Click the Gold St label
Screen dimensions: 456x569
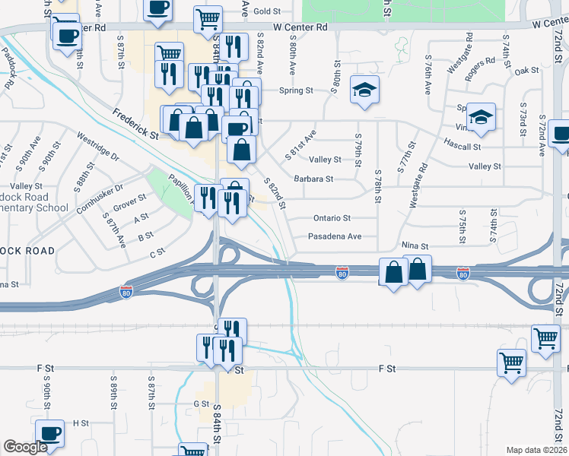click(267, 11)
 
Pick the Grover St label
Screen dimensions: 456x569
click(129, 204)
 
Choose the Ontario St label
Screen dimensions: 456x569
click(332, 218)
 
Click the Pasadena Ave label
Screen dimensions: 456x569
click(334, 236)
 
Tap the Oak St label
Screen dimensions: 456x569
click(526, 71)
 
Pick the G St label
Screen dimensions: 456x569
click(201, 404)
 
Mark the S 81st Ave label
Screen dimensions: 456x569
click(300, 144)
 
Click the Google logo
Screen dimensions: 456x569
click(25, 447)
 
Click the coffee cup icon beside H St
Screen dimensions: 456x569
click(50, 433)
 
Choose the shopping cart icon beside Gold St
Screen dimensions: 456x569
click(208, 19)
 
